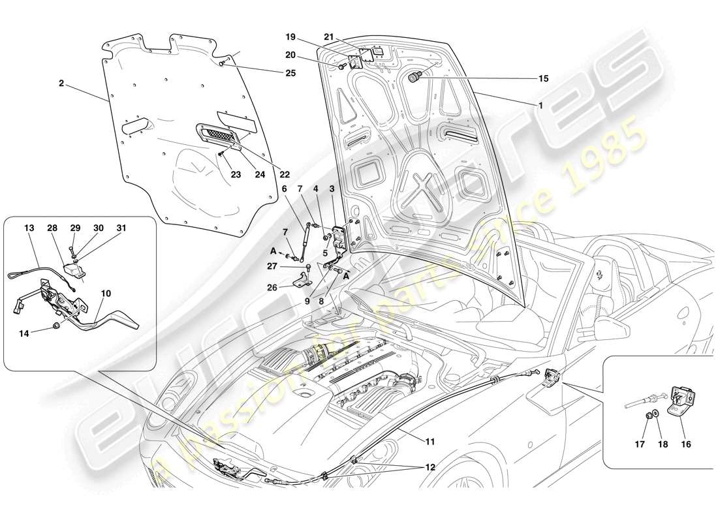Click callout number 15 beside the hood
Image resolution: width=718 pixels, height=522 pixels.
[x=542, y=78]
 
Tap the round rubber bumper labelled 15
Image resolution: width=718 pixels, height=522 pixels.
[x=414, y=78]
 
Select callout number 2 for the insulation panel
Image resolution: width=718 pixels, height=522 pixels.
[x=61, y=84]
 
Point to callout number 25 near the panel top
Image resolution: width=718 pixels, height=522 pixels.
[x=290, y=73]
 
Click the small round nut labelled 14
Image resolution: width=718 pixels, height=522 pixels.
[x=56, y=325]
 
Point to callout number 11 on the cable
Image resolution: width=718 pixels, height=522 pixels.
[x=429, y=442]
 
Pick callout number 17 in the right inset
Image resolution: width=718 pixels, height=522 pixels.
[x=640, y=444]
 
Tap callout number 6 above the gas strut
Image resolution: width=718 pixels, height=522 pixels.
[x=284, y=189]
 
